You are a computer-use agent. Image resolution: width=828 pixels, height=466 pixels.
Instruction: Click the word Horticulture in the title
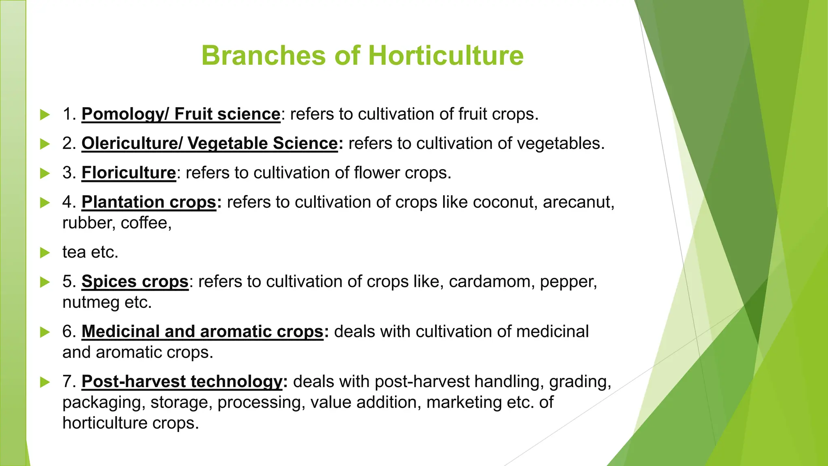point(446,55)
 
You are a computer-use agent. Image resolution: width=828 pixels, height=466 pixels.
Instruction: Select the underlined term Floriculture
point(129,173)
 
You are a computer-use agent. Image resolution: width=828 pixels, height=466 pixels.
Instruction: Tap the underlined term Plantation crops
point(149,202)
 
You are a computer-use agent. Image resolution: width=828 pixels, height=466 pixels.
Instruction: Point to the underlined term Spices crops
point(135,282)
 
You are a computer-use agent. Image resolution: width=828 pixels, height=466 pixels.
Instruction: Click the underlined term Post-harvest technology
point(182,381)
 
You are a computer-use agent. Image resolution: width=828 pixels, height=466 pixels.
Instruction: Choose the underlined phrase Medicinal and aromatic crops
point(202,331)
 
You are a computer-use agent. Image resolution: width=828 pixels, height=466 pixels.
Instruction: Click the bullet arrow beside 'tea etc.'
point(45,253)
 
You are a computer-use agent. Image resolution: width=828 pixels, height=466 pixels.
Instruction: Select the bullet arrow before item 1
point(45,114)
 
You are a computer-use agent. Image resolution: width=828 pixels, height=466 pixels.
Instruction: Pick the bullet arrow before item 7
point(45,382)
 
